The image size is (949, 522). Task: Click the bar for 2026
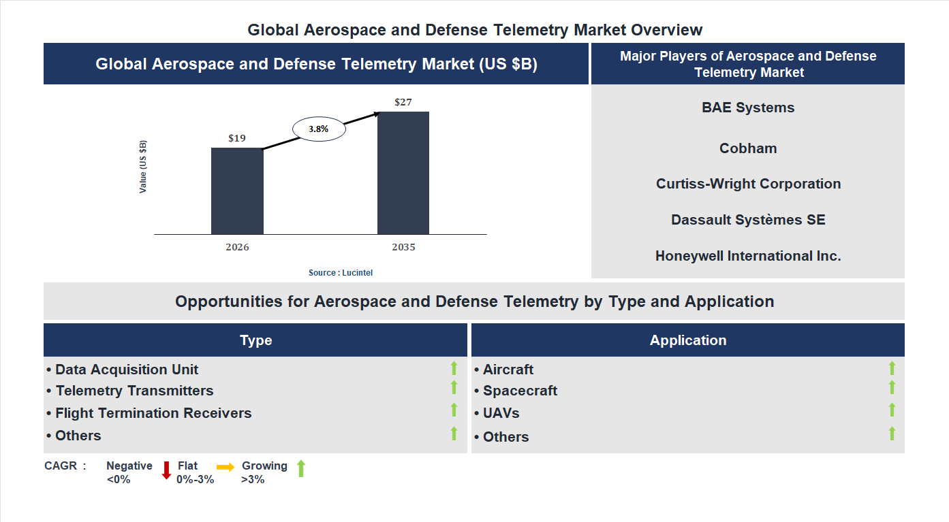tap(237, 191)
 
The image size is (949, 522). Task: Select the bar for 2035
tap(403, 173)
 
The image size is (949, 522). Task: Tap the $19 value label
tap(237, 138)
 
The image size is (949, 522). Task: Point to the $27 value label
tap(403, 102)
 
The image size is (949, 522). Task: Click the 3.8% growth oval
tap(320, 128)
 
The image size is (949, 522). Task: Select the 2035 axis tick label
tap(403, 247)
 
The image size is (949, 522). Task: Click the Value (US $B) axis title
tap(143, 167)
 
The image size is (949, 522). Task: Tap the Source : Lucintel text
tap(341, 272)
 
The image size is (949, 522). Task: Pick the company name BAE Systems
tap(748, 108)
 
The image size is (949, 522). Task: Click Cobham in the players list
tap(748, 148)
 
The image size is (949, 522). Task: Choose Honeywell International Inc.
tap(748, 256)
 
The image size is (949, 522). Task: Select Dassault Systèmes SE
tap(748, 220)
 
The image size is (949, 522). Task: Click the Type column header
tap(255, 340)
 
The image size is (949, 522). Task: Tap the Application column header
tap(688, 340)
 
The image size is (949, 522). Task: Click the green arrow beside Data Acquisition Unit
tap(454, 368)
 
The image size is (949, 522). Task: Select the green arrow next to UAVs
tap(892, 410)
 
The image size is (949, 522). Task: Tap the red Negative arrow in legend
tap(166, 470)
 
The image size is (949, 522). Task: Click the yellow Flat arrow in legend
tap(225, 467)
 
